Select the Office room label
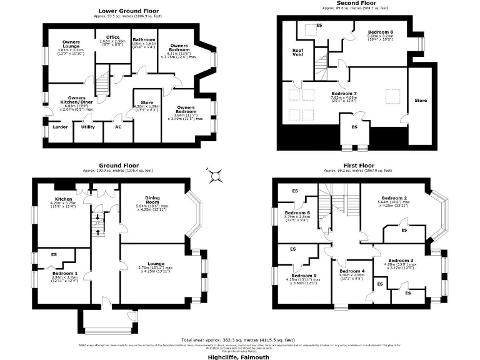[x=112, y=37]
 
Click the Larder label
[x=60, y=126]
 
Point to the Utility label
[x=87, y=126]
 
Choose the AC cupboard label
[x=117, y=126]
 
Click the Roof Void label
[x=298, y=52]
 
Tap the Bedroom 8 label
[x=380, y=31]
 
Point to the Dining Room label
[x=152, y=199]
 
